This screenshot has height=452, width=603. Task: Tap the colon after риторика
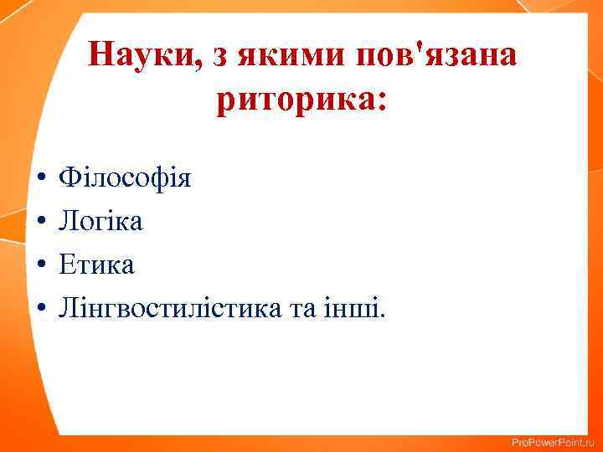pos(382,104)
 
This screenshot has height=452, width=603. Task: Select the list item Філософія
pos(125,178)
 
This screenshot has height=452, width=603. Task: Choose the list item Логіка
pos(100,222)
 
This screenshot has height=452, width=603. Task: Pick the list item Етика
pos(96,265)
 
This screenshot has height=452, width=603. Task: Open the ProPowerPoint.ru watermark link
pos(552,441)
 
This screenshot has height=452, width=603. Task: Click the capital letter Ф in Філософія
pos(66,178)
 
